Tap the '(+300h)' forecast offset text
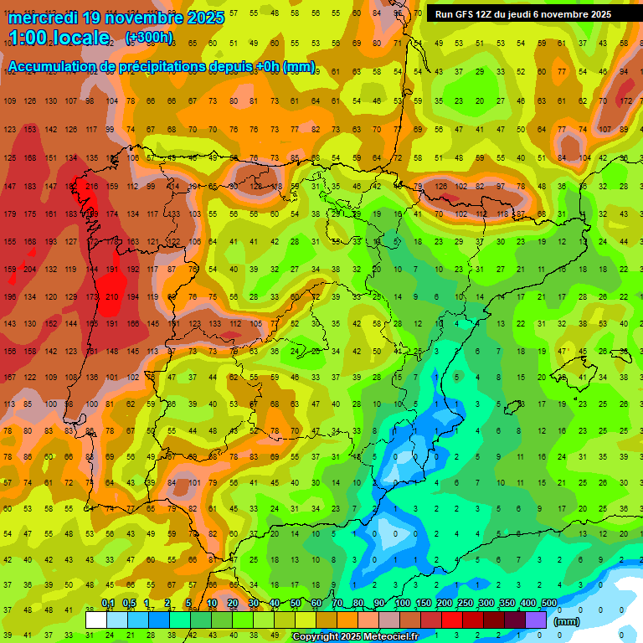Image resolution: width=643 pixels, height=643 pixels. pyautogui.click(x=149, y=37)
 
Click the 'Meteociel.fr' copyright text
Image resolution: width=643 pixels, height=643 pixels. pyautogui.click(x=389, y=637)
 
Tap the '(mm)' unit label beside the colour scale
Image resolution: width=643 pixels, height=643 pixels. pyautogui.click(x=567, y=621)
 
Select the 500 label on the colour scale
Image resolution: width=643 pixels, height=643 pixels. pyautogui.click(x=548, y=603)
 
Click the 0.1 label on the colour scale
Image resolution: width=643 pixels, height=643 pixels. pyautogui.click(x=108, y=603)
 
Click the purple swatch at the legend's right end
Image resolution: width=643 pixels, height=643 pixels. pyautogui.click(x=536, y=620)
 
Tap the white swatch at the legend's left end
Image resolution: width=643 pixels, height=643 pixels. pyautogui.click(x=96, y=620)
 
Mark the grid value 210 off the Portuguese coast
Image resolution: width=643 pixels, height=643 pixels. pyautogui.click(x=111, y=296)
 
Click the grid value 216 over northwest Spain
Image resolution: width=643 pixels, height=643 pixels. pyautogui.click(x=91, y=186)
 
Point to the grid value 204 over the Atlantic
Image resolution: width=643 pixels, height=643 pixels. pyautogui.click(x=30, y=269)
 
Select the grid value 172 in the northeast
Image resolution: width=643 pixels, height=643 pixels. pyautogui.click(x=625, y=101)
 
